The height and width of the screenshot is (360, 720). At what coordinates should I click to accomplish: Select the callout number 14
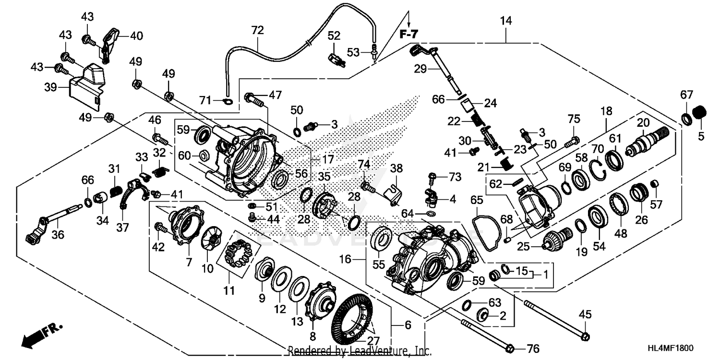(x=505, y=21)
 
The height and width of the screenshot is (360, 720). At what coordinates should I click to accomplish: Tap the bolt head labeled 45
(x=585, y=336)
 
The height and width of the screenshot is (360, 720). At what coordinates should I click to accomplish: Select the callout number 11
(x=229, y=291)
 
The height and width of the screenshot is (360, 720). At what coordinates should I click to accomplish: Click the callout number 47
(x=275, y=95)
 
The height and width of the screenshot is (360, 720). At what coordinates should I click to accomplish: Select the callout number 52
(x=334, y=36)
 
